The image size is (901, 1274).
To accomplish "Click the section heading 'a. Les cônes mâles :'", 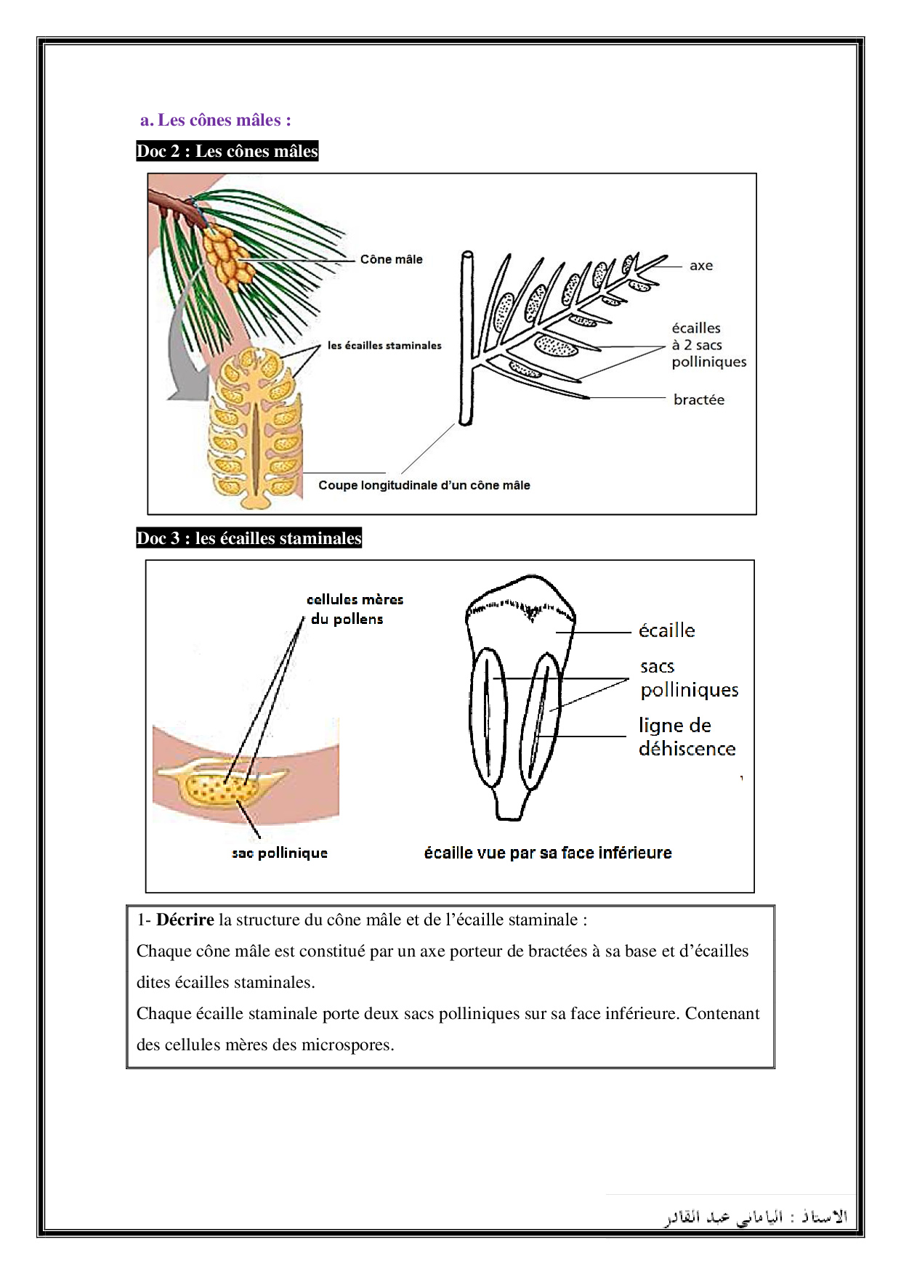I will coord(216,120).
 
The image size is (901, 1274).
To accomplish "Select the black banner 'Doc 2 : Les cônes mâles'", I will coord(227,151).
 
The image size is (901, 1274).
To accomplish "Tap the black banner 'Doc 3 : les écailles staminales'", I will coord(249,538).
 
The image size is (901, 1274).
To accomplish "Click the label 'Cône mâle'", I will coord(391,259).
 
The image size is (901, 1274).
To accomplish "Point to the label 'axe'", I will coord(701,266).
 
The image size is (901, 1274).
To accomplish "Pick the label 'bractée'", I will coord(698,399).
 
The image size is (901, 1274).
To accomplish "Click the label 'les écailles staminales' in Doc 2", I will coord(384,346).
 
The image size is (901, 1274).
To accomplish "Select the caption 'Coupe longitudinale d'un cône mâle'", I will coord(424,485).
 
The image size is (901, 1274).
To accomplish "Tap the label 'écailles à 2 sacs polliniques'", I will coord(708,345).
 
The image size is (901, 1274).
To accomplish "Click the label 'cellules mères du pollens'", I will coord(355,609).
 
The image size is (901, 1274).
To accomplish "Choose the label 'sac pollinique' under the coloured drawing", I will coord(280,853).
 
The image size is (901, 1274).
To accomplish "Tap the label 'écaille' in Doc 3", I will coord(666,630).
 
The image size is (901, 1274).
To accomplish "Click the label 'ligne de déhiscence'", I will coord(687,737).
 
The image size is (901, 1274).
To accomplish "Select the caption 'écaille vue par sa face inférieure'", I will coord(548,853).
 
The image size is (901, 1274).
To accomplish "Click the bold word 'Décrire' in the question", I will coord(185,920).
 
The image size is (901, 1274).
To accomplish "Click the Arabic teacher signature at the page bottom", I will coord(756,1217).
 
